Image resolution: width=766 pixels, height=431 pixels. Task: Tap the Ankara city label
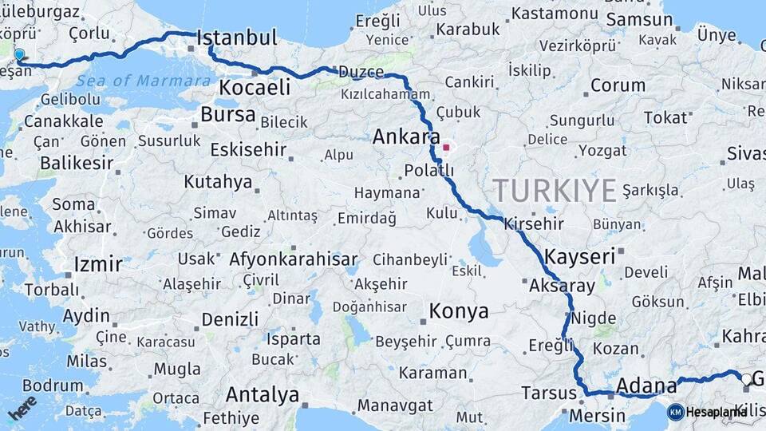[406, 136]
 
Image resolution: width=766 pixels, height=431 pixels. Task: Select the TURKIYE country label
[555, 191]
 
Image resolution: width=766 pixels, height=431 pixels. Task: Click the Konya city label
[459, 311]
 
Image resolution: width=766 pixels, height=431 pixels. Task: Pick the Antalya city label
[263, 394]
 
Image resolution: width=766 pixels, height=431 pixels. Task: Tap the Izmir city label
[97, 264]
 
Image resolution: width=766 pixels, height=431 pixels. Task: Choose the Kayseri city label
[580, 256]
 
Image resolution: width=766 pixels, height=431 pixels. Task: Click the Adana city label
[646, 386]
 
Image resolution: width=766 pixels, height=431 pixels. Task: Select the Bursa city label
[227, 114]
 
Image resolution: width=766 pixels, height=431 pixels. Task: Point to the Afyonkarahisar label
[293, 259]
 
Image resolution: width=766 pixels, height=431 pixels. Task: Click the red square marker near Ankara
[446, 147]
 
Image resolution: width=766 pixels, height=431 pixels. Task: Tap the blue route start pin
[19, 55]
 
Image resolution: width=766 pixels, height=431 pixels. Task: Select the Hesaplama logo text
[717, 412]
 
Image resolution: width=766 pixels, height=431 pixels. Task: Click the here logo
[22, 407]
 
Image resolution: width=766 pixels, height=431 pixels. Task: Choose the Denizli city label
[230, 319]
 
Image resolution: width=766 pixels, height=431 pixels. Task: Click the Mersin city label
[597, 416]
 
